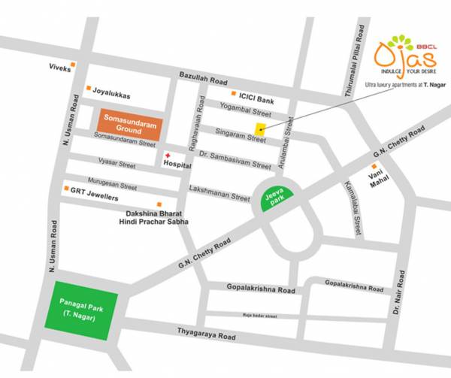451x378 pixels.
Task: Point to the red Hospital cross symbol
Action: (167, 157)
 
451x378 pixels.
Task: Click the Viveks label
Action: (60, 68)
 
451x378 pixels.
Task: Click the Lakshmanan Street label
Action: (219, 192)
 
